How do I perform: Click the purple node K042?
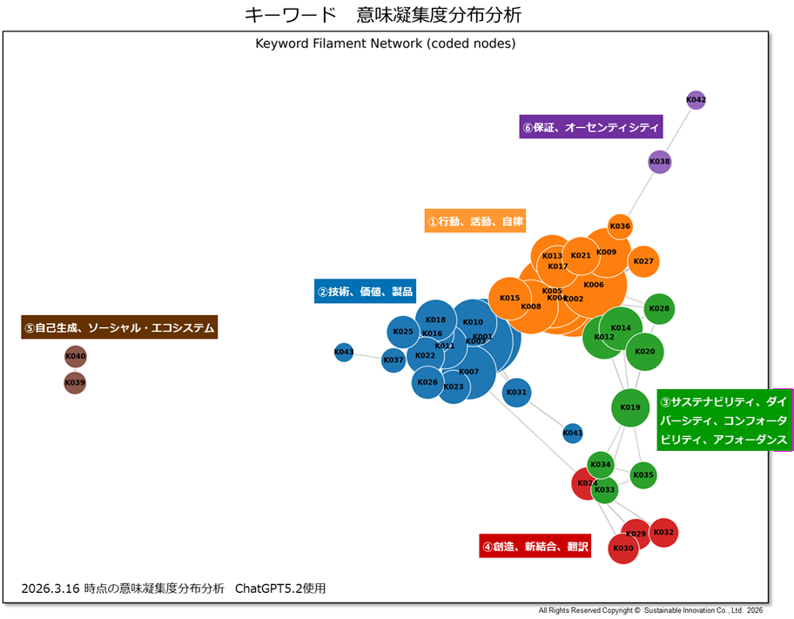coord(696,100)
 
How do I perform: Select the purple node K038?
coord(660,162)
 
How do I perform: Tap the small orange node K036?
coord(620,226)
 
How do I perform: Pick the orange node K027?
coord(643,261)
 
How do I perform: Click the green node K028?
coord(659,308)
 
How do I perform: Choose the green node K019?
coord(630,407)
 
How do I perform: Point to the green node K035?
coord(643,475)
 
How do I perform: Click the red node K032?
coord(663,532)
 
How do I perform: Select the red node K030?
coord(623,548)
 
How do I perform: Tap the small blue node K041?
coord(573,433)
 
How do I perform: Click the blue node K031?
coord(516,393)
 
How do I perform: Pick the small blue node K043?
coord(344,353)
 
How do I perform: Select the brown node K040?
coord(76,357)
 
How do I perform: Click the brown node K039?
coord(76,383)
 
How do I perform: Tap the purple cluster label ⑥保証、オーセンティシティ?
coord(591,127)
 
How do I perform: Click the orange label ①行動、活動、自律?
coord(475,221)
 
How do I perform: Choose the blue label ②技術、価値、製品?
coord(365,292)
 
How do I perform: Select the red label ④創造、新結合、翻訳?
coord(535,548)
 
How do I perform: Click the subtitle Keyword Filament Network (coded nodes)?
coord(386,44)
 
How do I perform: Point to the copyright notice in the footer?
coord(650,611)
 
